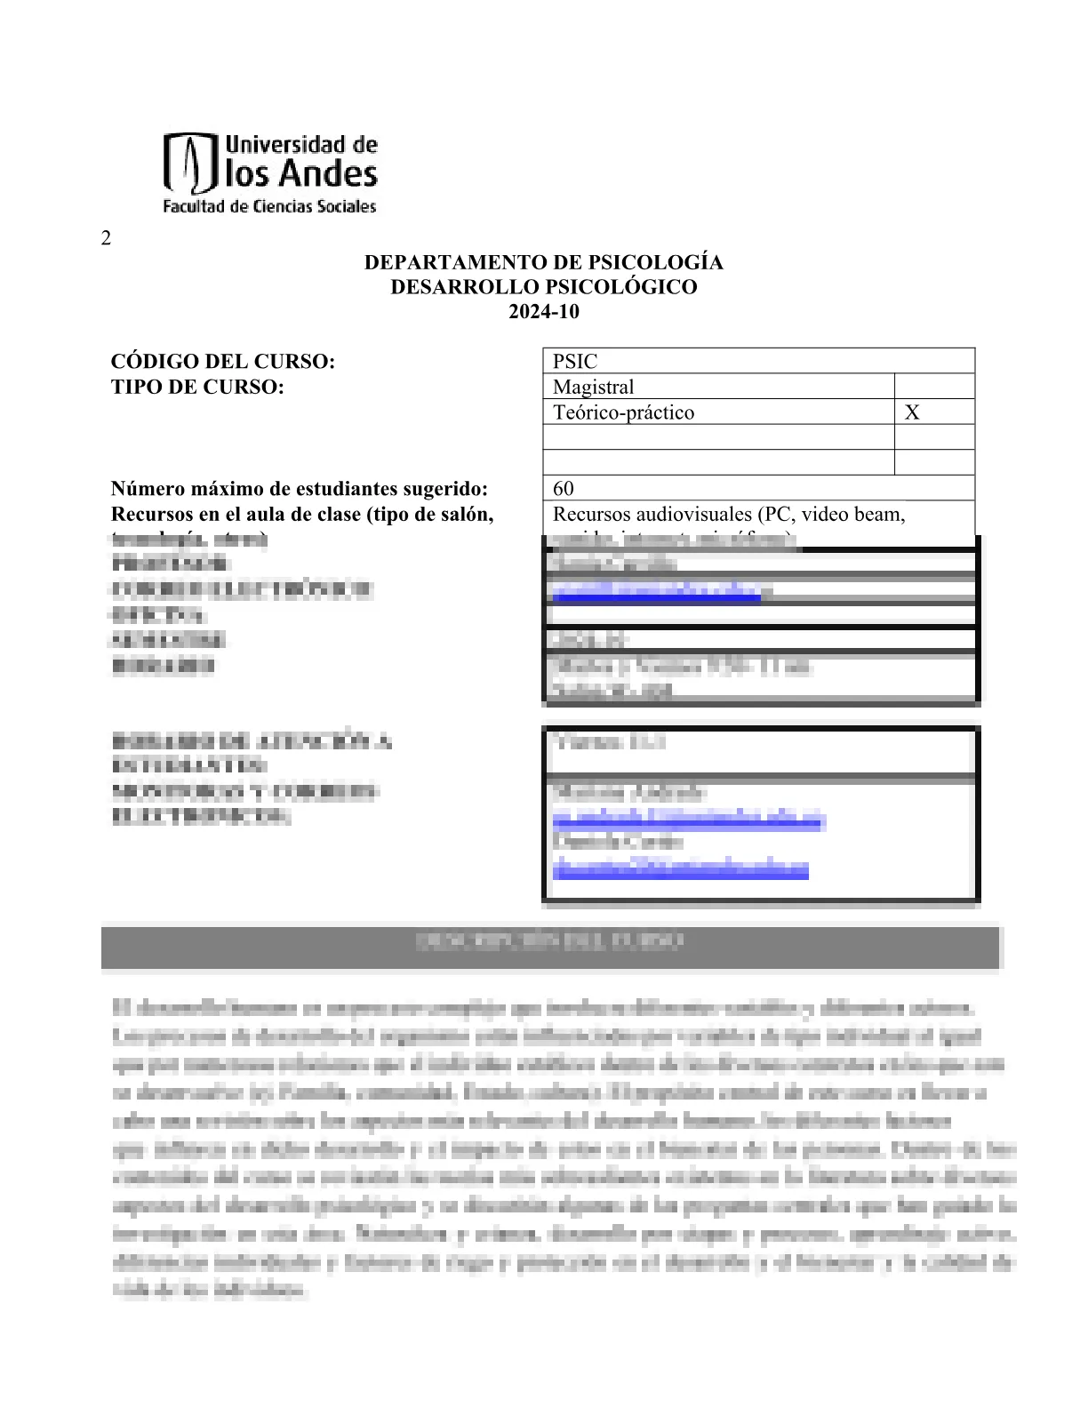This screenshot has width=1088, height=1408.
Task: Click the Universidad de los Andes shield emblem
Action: click(x=190, y=164)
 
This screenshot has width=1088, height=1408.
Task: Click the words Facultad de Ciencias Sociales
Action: click(x=269, y=207)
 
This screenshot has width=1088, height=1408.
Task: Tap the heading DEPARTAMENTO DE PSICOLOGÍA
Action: click(x=543, y=262)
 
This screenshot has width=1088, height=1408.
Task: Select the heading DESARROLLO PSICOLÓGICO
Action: click(x=543, y=287)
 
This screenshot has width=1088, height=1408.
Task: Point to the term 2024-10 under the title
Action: click(x=543, y=312)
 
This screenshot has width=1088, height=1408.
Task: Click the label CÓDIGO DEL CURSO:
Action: click(x=222, y=362)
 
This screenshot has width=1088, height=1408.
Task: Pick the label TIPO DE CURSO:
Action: click(x=197, y=387)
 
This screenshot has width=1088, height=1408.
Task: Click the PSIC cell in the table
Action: click(x=575, y=362)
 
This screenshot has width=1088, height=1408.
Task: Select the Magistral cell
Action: click(x=594, y=387)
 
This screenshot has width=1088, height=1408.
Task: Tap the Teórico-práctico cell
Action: click(x=623, y=412)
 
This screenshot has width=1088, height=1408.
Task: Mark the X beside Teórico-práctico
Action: click(x=912, y=412)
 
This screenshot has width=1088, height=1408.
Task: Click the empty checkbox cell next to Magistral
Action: click(x=934, y=387)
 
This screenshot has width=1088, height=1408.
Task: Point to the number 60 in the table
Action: click(x=564, y=488)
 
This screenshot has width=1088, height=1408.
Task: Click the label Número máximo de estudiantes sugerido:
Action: click(x=300, y=489)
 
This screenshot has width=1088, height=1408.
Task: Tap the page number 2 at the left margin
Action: click(x=107, y=237)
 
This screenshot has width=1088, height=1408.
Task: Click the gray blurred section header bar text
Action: click(x=549, y=941)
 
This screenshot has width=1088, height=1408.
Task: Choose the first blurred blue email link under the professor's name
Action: click(x=658, y=591)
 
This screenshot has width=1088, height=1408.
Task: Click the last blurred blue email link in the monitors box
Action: click(x=681, y=868)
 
